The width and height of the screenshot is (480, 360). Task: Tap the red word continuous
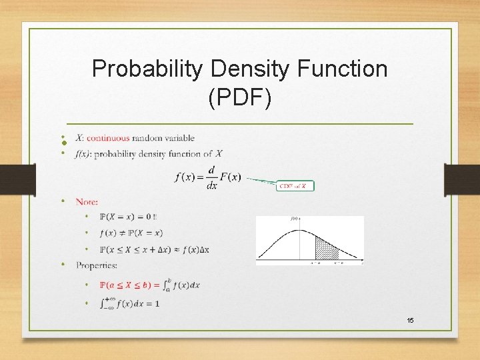(x=108, y=138)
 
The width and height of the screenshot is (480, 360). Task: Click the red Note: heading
(x=87, y=201)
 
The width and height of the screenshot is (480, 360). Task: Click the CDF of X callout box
(x=295, y=186)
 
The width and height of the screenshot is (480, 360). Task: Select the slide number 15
(x=410, y=321)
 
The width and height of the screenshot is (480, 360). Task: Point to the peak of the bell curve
(x=295, y=229)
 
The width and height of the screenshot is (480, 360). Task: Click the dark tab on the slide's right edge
(x=462, y=180)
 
